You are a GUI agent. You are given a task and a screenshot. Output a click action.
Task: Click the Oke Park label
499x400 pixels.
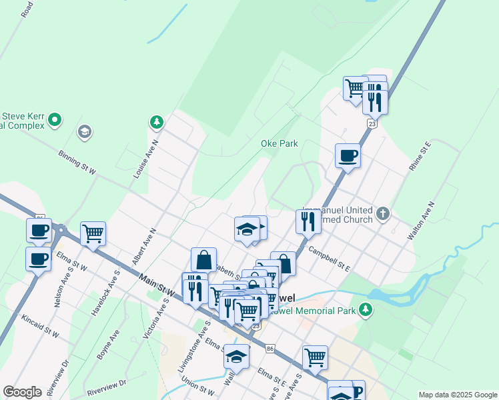coord(279,143)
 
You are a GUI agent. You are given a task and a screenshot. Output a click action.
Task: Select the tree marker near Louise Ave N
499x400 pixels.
coord(156,122)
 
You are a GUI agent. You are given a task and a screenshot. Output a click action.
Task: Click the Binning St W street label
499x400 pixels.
coord(77,163)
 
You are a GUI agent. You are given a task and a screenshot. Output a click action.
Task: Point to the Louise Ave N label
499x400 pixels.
coord(145,160)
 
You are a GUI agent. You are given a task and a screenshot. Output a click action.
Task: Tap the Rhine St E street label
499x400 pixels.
coord(420,156)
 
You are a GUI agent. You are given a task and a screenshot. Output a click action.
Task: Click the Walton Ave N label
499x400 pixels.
coord(422,220)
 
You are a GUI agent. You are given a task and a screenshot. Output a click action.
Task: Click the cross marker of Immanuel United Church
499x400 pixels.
coord(382,213)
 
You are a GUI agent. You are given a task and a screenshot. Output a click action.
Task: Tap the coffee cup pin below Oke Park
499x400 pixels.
coord(348,157)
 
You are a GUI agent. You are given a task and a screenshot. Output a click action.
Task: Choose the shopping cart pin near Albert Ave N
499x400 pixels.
coord(93,233)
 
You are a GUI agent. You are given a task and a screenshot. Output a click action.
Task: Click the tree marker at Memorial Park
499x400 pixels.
coord(365,309)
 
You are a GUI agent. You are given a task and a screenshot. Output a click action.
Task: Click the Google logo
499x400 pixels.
coord(22,392)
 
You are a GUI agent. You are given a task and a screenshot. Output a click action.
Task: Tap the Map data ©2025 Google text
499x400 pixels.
coord(457,395)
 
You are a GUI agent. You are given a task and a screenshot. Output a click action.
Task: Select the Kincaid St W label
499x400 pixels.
coord(40,325)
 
